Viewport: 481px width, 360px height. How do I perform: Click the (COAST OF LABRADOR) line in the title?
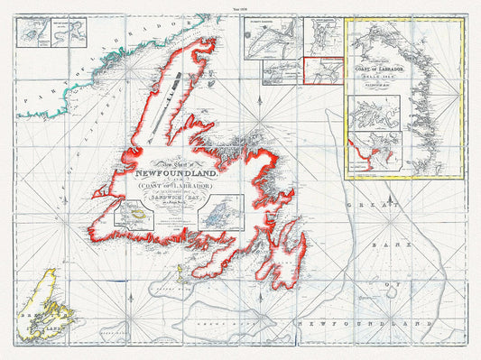pos(170,187)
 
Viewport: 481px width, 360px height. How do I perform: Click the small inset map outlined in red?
pos(323,71)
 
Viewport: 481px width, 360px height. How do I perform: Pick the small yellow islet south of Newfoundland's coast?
pos(177,266)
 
